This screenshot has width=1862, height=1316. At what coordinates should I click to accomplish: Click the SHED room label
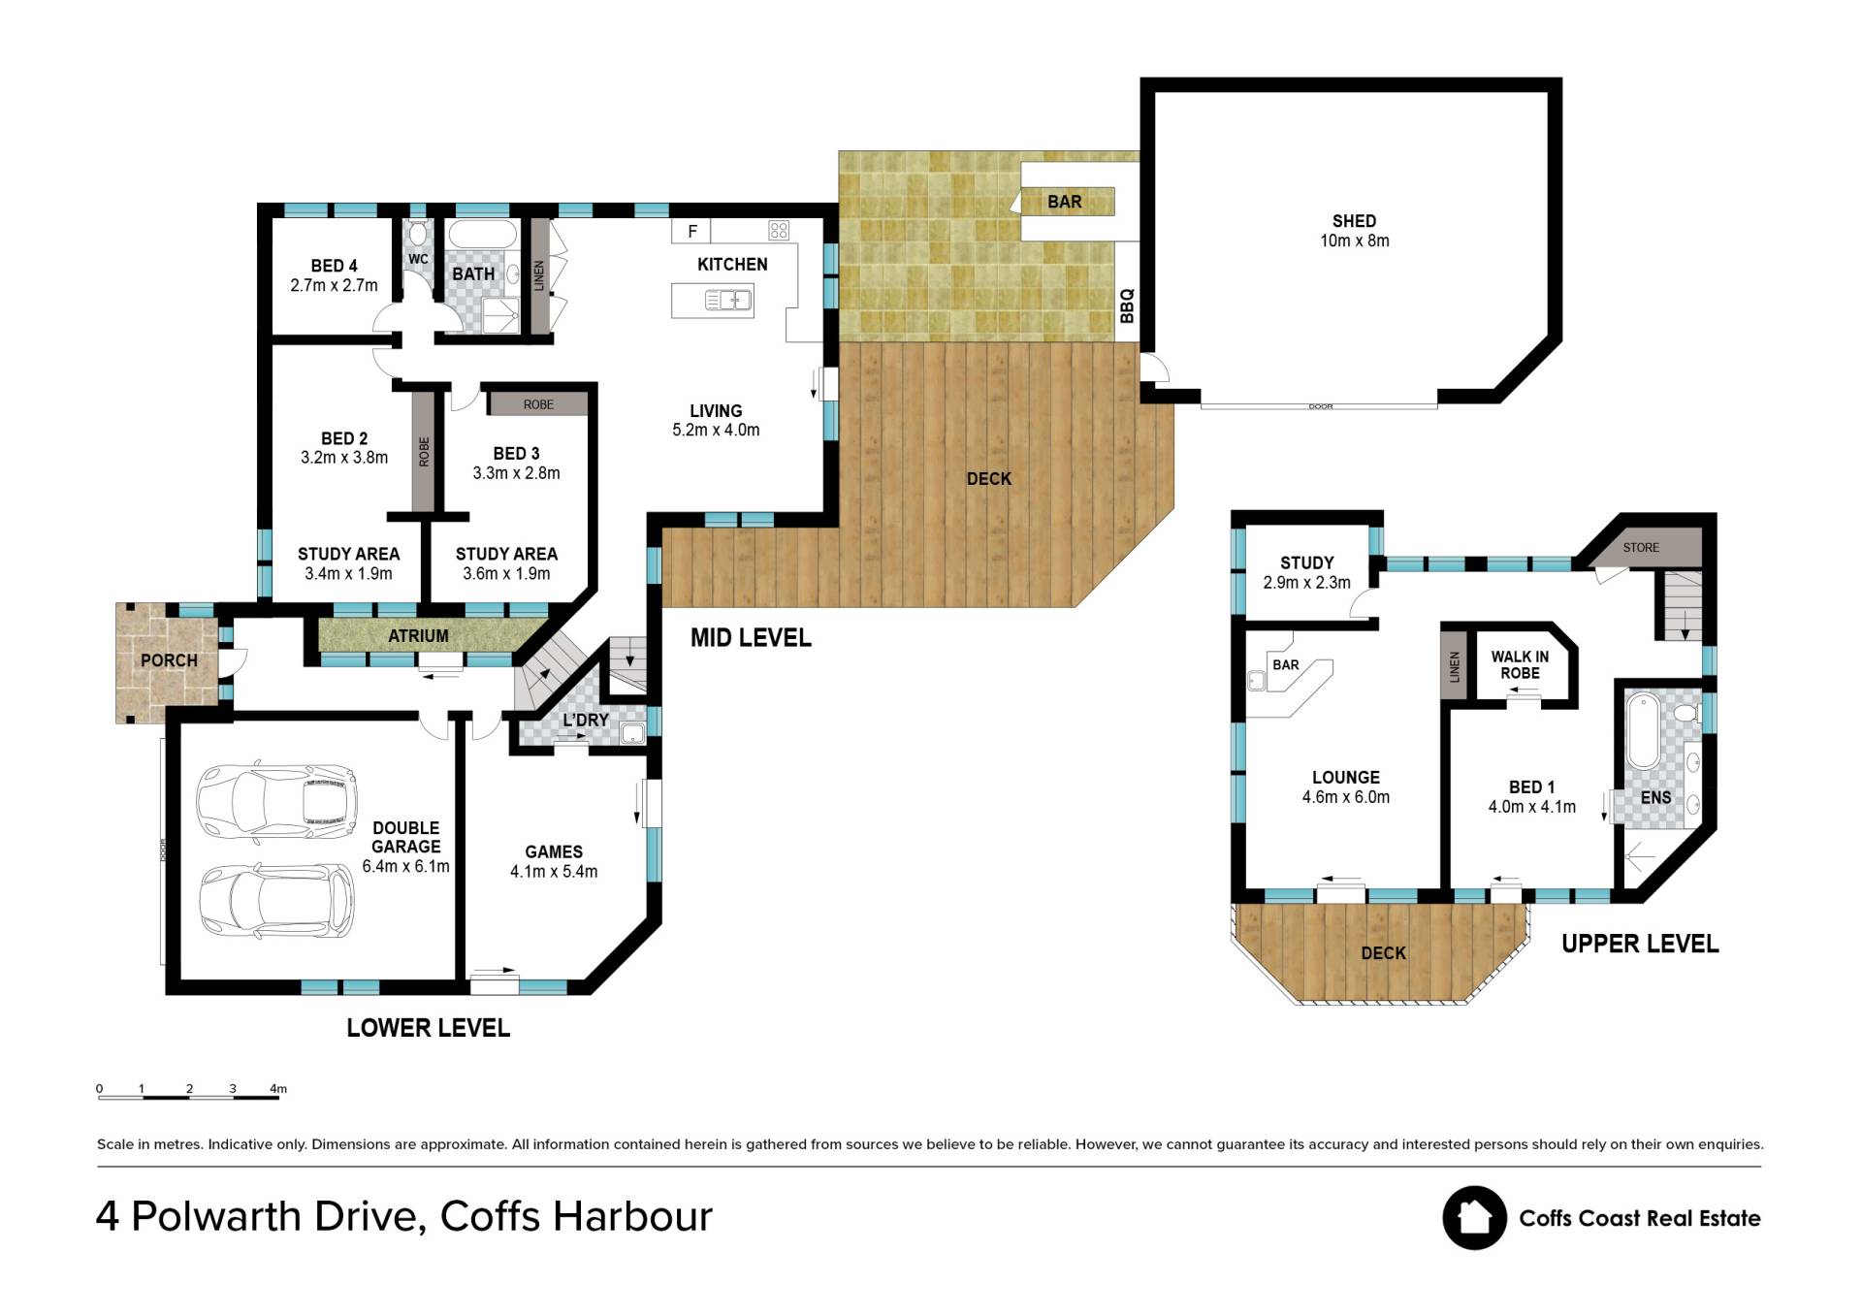tap(1354, 221)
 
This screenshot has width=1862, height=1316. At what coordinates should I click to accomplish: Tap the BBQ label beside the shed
tap(1126, 305)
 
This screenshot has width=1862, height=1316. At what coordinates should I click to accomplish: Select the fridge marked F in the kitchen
tap(691, 231)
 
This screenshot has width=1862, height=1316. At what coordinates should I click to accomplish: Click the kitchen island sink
tap(728, 300)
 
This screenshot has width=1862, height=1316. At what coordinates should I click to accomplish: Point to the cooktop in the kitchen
tap(779, 230)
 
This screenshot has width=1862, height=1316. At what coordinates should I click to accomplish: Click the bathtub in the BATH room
tap(483, 236)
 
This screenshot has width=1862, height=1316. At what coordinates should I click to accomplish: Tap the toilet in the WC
tap(418, 233)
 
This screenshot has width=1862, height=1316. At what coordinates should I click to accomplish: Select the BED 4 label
tap(334, 266)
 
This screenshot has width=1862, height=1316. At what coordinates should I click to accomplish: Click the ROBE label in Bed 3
tap(538, 404)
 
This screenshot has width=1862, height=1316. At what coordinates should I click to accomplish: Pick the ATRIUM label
tap(418, 636)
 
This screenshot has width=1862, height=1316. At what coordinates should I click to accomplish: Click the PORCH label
tap(169, 660)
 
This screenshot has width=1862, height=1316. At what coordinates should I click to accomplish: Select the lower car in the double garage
tap(277, 902)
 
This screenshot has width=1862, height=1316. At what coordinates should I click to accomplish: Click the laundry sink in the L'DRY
tap(633, 734)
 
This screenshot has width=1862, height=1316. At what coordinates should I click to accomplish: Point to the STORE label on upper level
tap(1641, 548)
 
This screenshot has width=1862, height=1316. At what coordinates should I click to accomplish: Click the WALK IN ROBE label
tap(1520, 664)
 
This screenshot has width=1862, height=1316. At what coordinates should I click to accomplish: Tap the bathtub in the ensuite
tap(1644, 730)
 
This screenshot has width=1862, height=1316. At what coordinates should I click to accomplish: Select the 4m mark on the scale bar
tap(278, 1088)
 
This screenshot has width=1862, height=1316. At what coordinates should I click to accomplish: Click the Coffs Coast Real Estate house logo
tap(1474, 1218)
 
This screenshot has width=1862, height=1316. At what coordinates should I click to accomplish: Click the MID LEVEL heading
tap(751, 637)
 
